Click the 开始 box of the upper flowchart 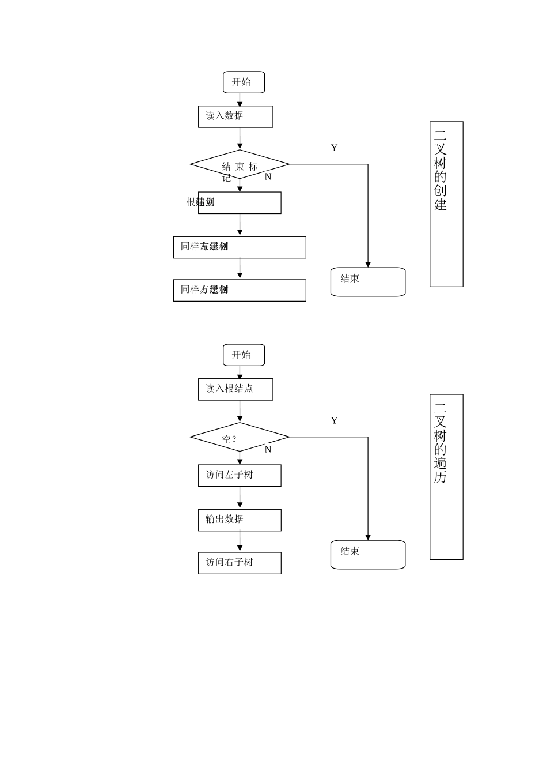click(244, 82)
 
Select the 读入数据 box click(235, 116)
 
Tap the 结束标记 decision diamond click(240, 165)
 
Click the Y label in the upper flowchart click(334, 148)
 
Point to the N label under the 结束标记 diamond click(268, 177)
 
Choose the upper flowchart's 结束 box click(367, 282)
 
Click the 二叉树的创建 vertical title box click(446, 204)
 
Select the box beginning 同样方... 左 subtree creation click(240, 247)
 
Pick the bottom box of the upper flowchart click(240, 290)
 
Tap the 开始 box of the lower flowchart click(244, 355)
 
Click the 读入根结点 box click(235, 389)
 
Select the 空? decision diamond click(240, 438)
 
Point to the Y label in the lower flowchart click(334, 421)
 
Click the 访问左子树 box click(240, 476)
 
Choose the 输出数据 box click(240, 520)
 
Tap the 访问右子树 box click(240, 563)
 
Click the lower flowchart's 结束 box click(367, 555)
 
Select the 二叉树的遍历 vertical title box click(446, 477)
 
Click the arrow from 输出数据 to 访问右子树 click(240, 541)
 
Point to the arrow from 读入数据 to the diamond click(240, 138)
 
